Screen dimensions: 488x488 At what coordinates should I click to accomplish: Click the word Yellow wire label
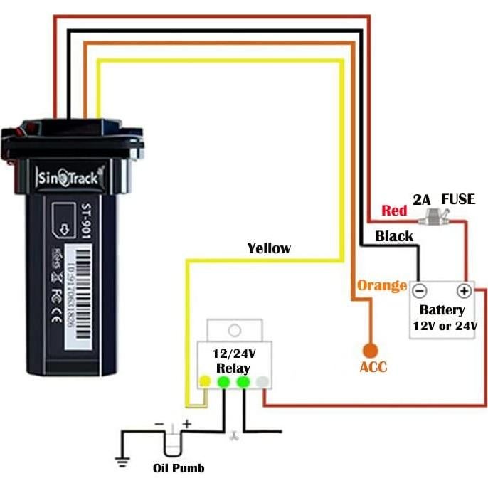point(269,248)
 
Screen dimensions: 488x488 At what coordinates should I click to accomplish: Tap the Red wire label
point(394,211)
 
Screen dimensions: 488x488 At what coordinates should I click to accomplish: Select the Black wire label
point(394,236)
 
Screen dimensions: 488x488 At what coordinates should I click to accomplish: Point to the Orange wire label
point(381,286)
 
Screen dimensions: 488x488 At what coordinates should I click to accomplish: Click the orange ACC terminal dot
point(369,350)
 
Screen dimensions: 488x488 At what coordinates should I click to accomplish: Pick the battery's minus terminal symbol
point(420,291)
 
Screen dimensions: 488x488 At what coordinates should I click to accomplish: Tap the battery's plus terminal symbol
point(464,291)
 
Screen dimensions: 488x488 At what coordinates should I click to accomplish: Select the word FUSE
point(458,199)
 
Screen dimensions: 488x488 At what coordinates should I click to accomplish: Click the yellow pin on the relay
point(204,382)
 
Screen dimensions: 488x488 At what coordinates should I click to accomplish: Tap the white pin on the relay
point(263,382)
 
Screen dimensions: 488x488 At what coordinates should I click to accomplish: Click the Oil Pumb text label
point(179,468)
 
